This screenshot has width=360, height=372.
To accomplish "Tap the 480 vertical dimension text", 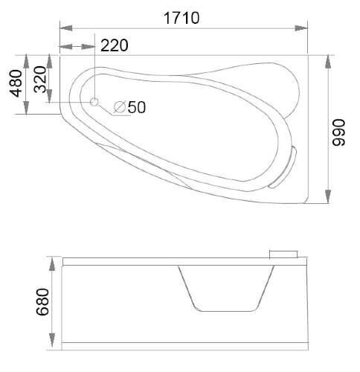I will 15,84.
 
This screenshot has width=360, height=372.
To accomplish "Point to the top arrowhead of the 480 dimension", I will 28,59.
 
